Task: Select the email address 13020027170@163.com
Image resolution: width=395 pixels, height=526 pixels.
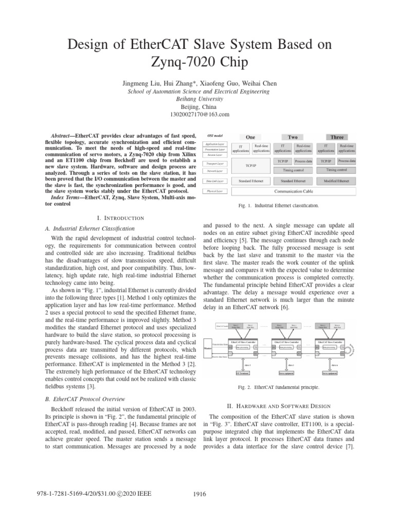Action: coord(197,114)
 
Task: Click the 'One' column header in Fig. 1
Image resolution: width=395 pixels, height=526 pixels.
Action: coord(250,138)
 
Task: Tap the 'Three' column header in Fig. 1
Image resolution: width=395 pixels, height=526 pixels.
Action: coord(337,138)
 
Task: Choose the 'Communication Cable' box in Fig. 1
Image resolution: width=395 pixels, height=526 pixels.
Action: coord(294,191)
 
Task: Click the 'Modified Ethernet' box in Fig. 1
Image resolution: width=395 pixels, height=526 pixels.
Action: coord(337,180)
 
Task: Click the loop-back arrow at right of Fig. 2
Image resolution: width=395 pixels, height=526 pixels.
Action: coord(353,348)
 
